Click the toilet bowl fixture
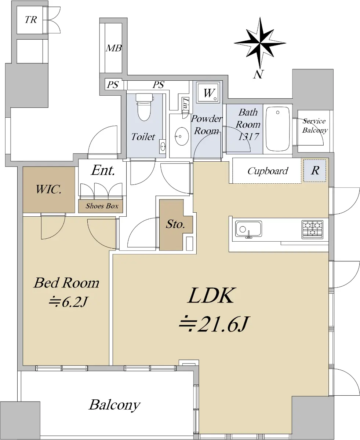(144, 107)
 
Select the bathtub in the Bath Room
(278, 129)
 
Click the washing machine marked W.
(208, 92)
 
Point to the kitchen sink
(248, 229)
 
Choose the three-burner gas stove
(312, 229)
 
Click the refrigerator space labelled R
(315, 170)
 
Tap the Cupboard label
(268, 171)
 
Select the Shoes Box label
(102, 206)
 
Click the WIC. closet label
(49, 190)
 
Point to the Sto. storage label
(175, 224)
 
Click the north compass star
(260, 43)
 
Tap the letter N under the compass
(258, 74)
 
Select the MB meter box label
(114, 48)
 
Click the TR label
(31, 20)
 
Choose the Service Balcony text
(315, 126)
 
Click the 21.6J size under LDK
(214, 324)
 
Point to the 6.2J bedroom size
(68, 302)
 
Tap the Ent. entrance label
(103, 170)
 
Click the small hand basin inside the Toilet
(163, 147)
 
